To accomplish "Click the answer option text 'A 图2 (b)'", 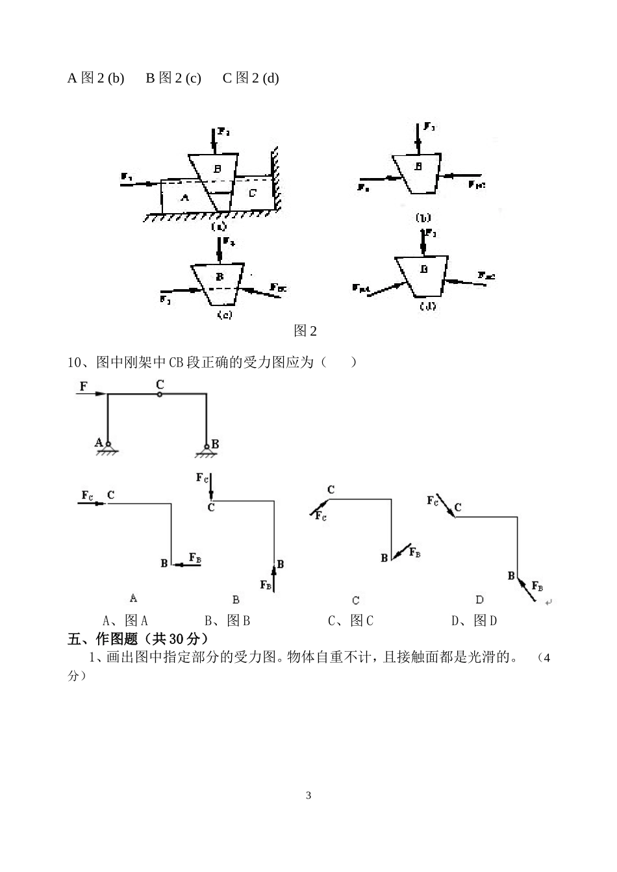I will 95,78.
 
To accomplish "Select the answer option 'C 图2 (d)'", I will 251,78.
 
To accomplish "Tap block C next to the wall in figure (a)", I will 252,193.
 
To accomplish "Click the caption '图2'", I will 305,331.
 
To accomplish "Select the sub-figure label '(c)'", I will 224,314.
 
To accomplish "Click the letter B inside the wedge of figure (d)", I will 424,269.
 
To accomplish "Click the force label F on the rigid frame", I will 83,387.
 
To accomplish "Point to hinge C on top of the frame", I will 160,394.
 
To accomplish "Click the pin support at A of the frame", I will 108,446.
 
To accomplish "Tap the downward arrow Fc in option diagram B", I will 210,486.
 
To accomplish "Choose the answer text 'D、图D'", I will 474,621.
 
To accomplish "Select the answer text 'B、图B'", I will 227,621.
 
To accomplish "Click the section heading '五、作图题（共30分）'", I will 138,639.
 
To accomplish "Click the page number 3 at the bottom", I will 308,795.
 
